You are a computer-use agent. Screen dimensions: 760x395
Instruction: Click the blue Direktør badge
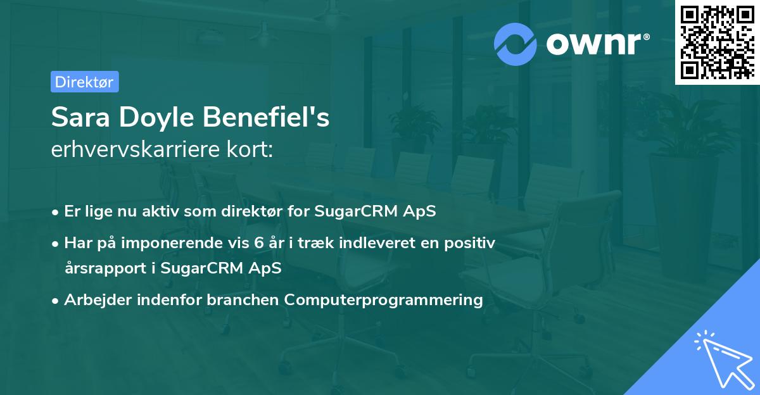tap(85, 82)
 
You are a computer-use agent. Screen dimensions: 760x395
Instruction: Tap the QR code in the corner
tap(717, 42)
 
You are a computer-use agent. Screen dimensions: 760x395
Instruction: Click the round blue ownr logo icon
tap(515, 44)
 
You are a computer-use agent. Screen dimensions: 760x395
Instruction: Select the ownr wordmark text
tap(593, 44)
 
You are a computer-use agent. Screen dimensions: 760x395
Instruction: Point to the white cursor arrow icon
tap(725, 359)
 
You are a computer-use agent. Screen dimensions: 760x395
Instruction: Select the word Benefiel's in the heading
tap(266, 117)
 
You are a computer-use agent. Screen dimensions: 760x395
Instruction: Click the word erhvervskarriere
tap(136, 149)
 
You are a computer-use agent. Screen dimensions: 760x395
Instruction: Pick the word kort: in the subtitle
tap(250, 149)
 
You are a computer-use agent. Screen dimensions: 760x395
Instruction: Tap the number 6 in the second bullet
tap(259, 243)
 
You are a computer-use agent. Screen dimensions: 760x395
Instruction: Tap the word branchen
tap(243, 299)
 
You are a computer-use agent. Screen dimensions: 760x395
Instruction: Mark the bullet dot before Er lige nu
tap(55, 213)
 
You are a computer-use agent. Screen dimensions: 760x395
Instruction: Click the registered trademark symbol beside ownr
tap(646, 37)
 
